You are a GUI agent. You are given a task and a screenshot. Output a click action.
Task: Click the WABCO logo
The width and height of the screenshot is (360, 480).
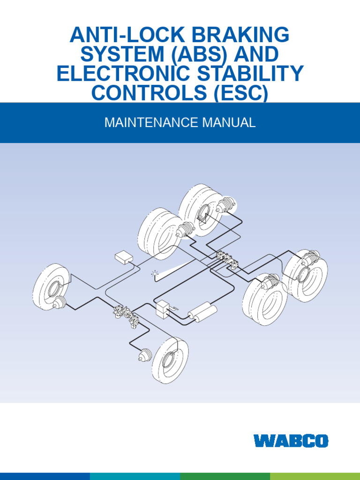(x=291, y=441)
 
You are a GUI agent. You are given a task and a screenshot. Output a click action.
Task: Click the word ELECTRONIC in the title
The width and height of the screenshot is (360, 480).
(x=122, y=74)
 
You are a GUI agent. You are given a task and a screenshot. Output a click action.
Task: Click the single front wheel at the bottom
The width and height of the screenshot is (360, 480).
(x=170, y=359)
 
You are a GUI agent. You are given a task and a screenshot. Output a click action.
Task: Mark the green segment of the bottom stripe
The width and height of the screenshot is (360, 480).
(x=225, y=476)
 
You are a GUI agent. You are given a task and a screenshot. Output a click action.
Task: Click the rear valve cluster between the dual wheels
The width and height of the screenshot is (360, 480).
(x=227, y=260)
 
